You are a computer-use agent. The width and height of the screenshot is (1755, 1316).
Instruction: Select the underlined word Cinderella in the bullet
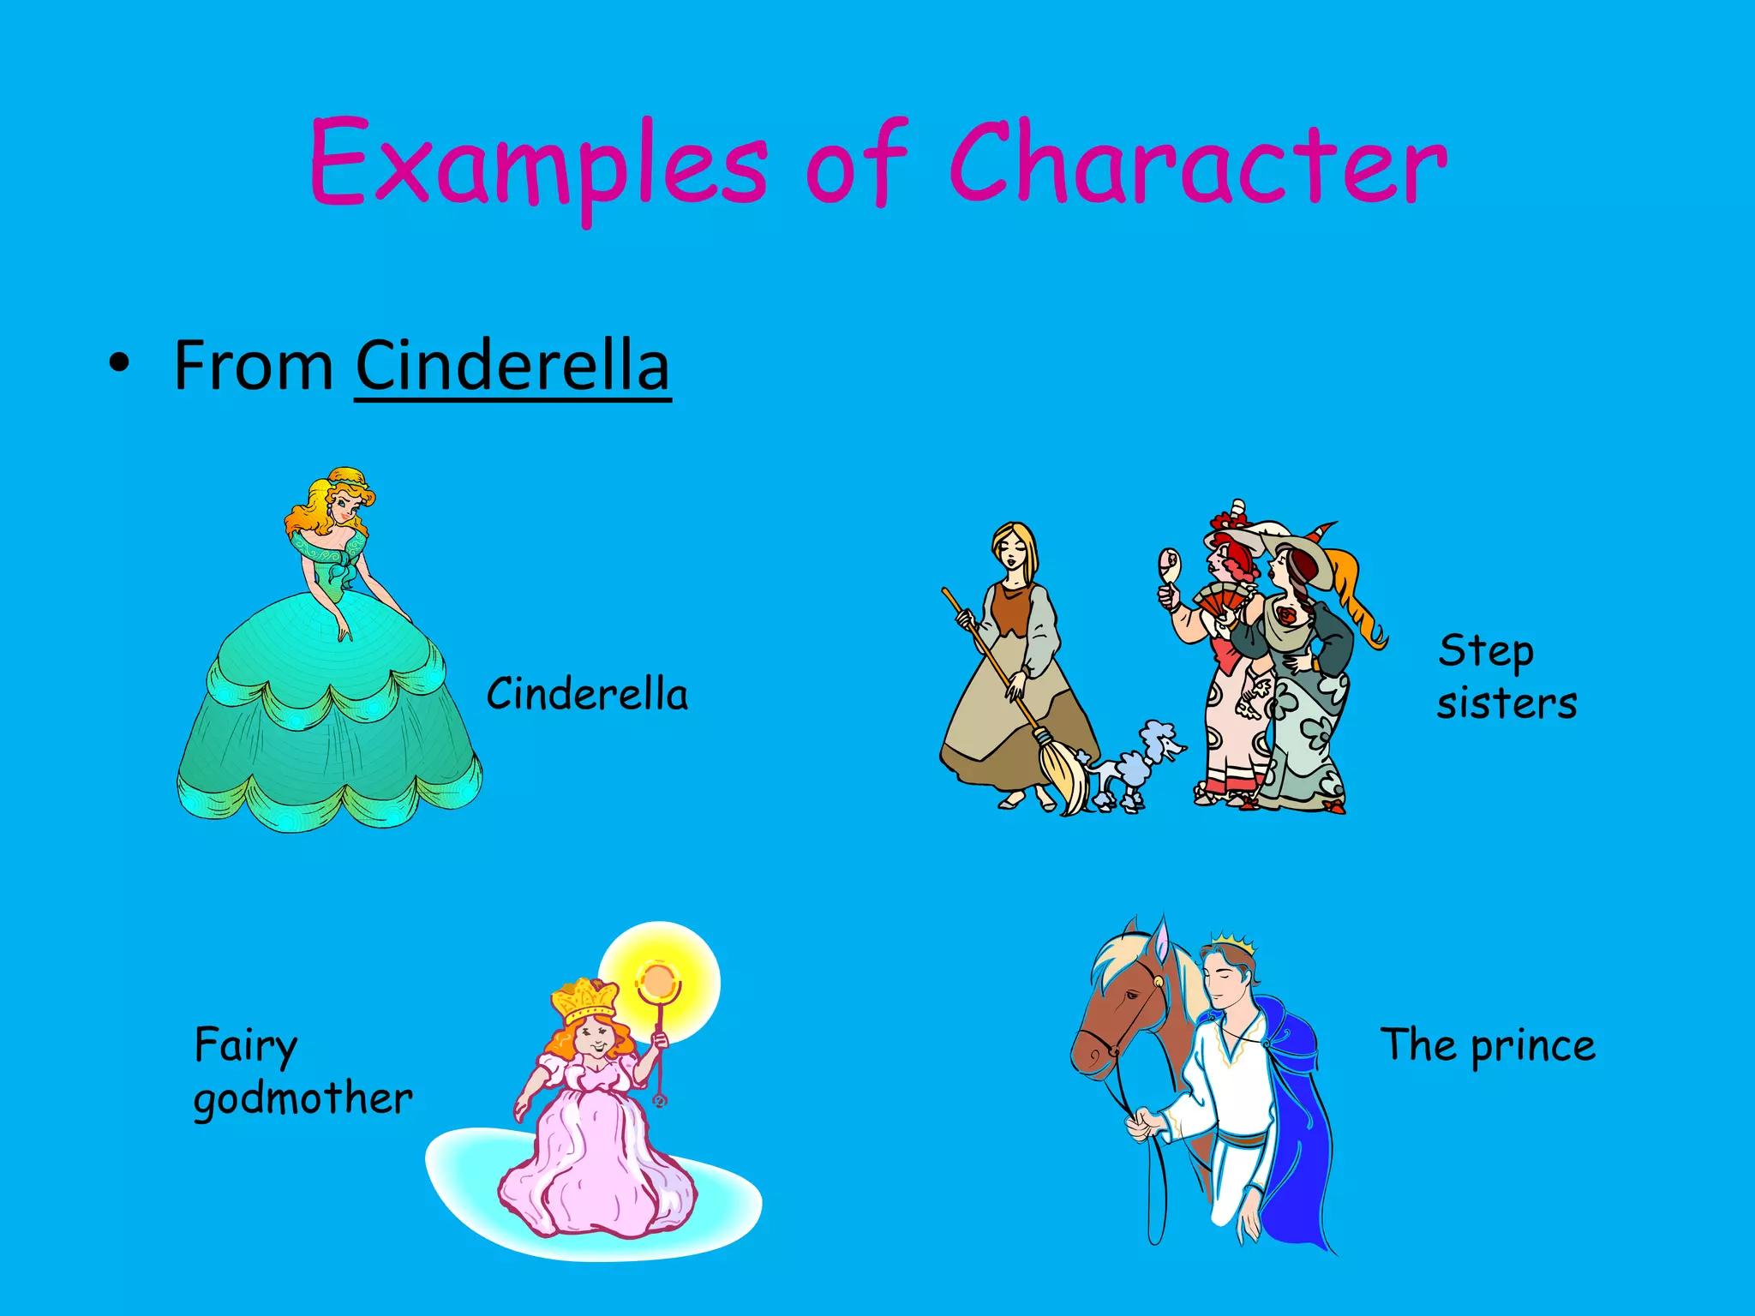512,366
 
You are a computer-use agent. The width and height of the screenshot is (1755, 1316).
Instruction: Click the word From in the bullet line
254,366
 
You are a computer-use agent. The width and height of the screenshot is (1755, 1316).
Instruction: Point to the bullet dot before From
120,365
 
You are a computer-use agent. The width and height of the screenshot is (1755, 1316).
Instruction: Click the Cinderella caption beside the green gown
587,694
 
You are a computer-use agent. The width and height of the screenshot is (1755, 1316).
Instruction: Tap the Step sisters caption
1506,677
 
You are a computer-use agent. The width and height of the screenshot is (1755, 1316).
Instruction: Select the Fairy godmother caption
302,1071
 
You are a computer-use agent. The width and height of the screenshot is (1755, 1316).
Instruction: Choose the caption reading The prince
1488,1045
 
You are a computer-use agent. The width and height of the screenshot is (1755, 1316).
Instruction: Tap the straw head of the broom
1063,771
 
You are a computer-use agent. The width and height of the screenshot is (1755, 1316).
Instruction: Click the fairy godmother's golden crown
585,999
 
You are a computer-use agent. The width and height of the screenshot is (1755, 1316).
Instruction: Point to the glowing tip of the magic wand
657,981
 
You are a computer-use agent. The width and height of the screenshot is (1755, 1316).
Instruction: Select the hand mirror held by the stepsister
1170,565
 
